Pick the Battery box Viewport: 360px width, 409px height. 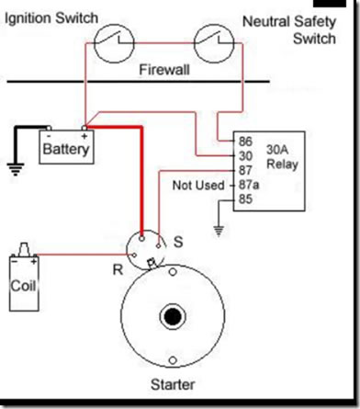point(66,146)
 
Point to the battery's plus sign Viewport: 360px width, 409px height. point(85,131)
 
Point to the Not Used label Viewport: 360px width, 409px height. point(197,186)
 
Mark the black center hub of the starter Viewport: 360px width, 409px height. point(173,317)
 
